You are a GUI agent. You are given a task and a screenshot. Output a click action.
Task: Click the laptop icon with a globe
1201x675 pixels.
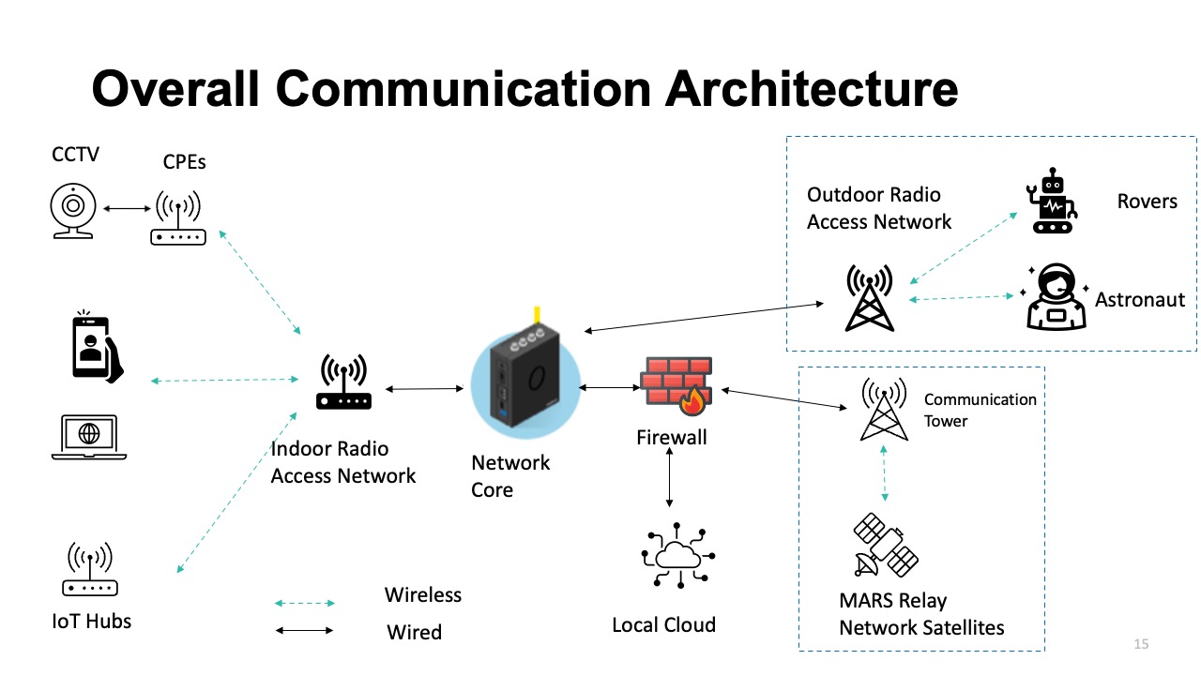point(89,437)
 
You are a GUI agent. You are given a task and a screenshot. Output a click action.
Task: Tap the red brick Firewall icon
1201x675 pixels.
point(676,385)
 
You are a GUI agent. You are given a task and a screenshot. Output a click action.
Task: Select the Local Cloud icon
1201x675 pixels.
point(673,558)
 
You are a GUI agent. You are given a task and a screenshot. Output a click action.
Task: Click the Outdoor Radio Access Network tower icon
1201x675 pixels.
point(870,299)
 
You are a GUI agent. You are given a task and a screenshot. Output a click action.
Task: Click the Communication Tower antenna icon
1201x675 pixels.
point(884,411)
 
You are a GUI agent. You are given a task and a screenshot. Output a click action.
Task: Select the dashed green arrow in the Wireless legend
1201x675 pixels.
point(305,603)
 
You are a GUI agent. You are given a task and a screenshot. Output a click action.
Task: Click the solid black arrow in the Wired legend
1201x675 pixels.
point(305,631)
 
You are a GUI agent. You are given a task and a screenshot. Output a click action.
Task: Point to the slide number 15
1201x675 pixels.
point(1141,644)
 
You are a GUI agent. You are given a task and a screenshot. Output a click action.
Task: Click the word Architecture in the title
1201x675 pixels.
point(812,89)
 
